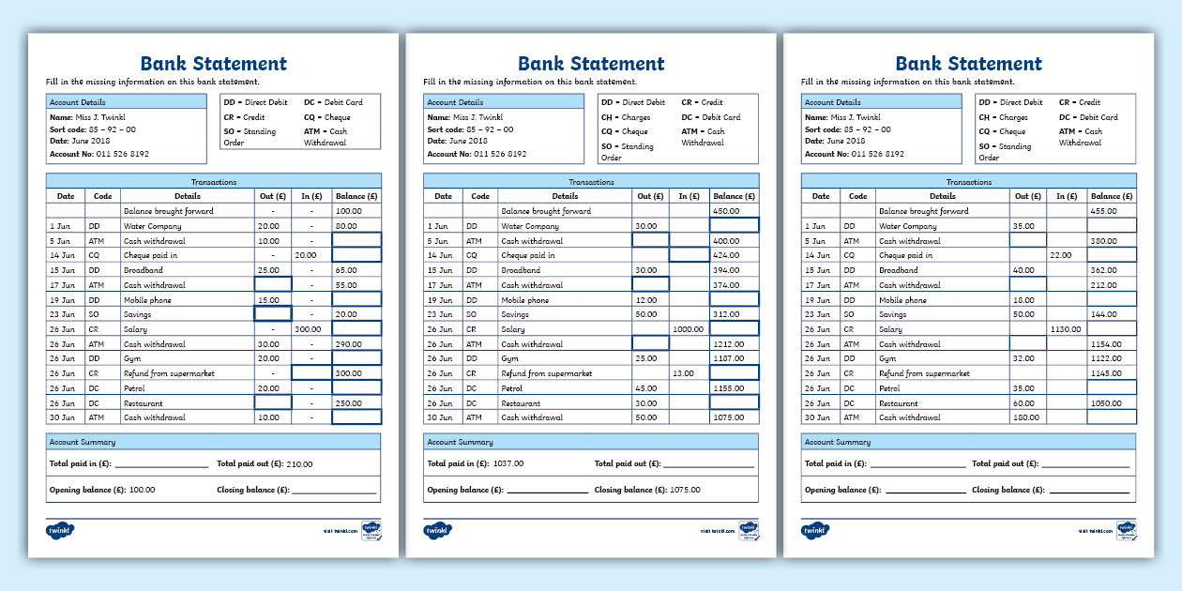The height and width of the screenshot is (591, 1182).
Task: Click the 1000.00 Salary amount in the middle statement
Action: (x=689, y=329)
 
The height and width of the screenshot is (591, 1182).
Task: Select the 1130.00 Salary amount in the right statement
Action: (x=1066, y=329)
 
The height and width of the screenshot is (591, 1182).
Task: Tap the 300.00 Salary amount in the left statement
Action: (x=308, y=329)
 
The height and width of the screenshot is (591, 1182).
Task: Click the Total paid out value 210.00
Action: (x=299, y=463)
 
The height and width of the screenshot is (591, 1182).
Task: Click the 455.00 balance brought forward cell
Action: (x=1103, y=211)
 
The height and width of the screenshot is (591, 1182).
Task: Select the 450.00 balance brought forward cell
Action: (x=726, y=211)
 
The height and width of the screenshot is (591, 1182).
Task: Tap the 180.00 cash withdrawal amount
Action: (x=1024, y=417)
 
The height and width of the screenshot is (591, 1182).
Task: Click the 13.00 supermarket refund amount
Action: (x=684, y=373)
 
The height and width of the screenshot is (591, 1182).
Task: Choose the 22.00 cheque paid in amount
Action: (x=1060, y=255)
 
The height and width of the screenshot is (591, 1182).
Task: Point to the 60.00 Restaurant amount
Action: (x=1023, y=403)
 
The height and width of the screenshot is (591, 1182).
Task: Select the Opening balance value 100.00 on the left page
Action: (x=142, y=490)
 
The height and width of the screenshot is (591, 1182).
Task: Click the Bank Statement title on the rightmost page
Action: (x=968, y=64)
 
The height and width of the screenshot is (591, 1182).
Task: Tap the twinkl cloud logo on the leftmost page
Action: (x=59, y=530)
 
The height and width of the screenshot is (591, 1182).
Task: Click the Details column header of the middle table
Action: (x=565, y=196)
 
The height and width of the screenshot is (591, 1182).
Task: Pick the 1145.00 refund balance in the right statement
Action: (x=1106, y=373)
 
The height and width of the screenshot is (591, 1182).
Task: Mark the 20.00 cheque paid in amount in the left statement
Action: (x=305, y=255)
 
